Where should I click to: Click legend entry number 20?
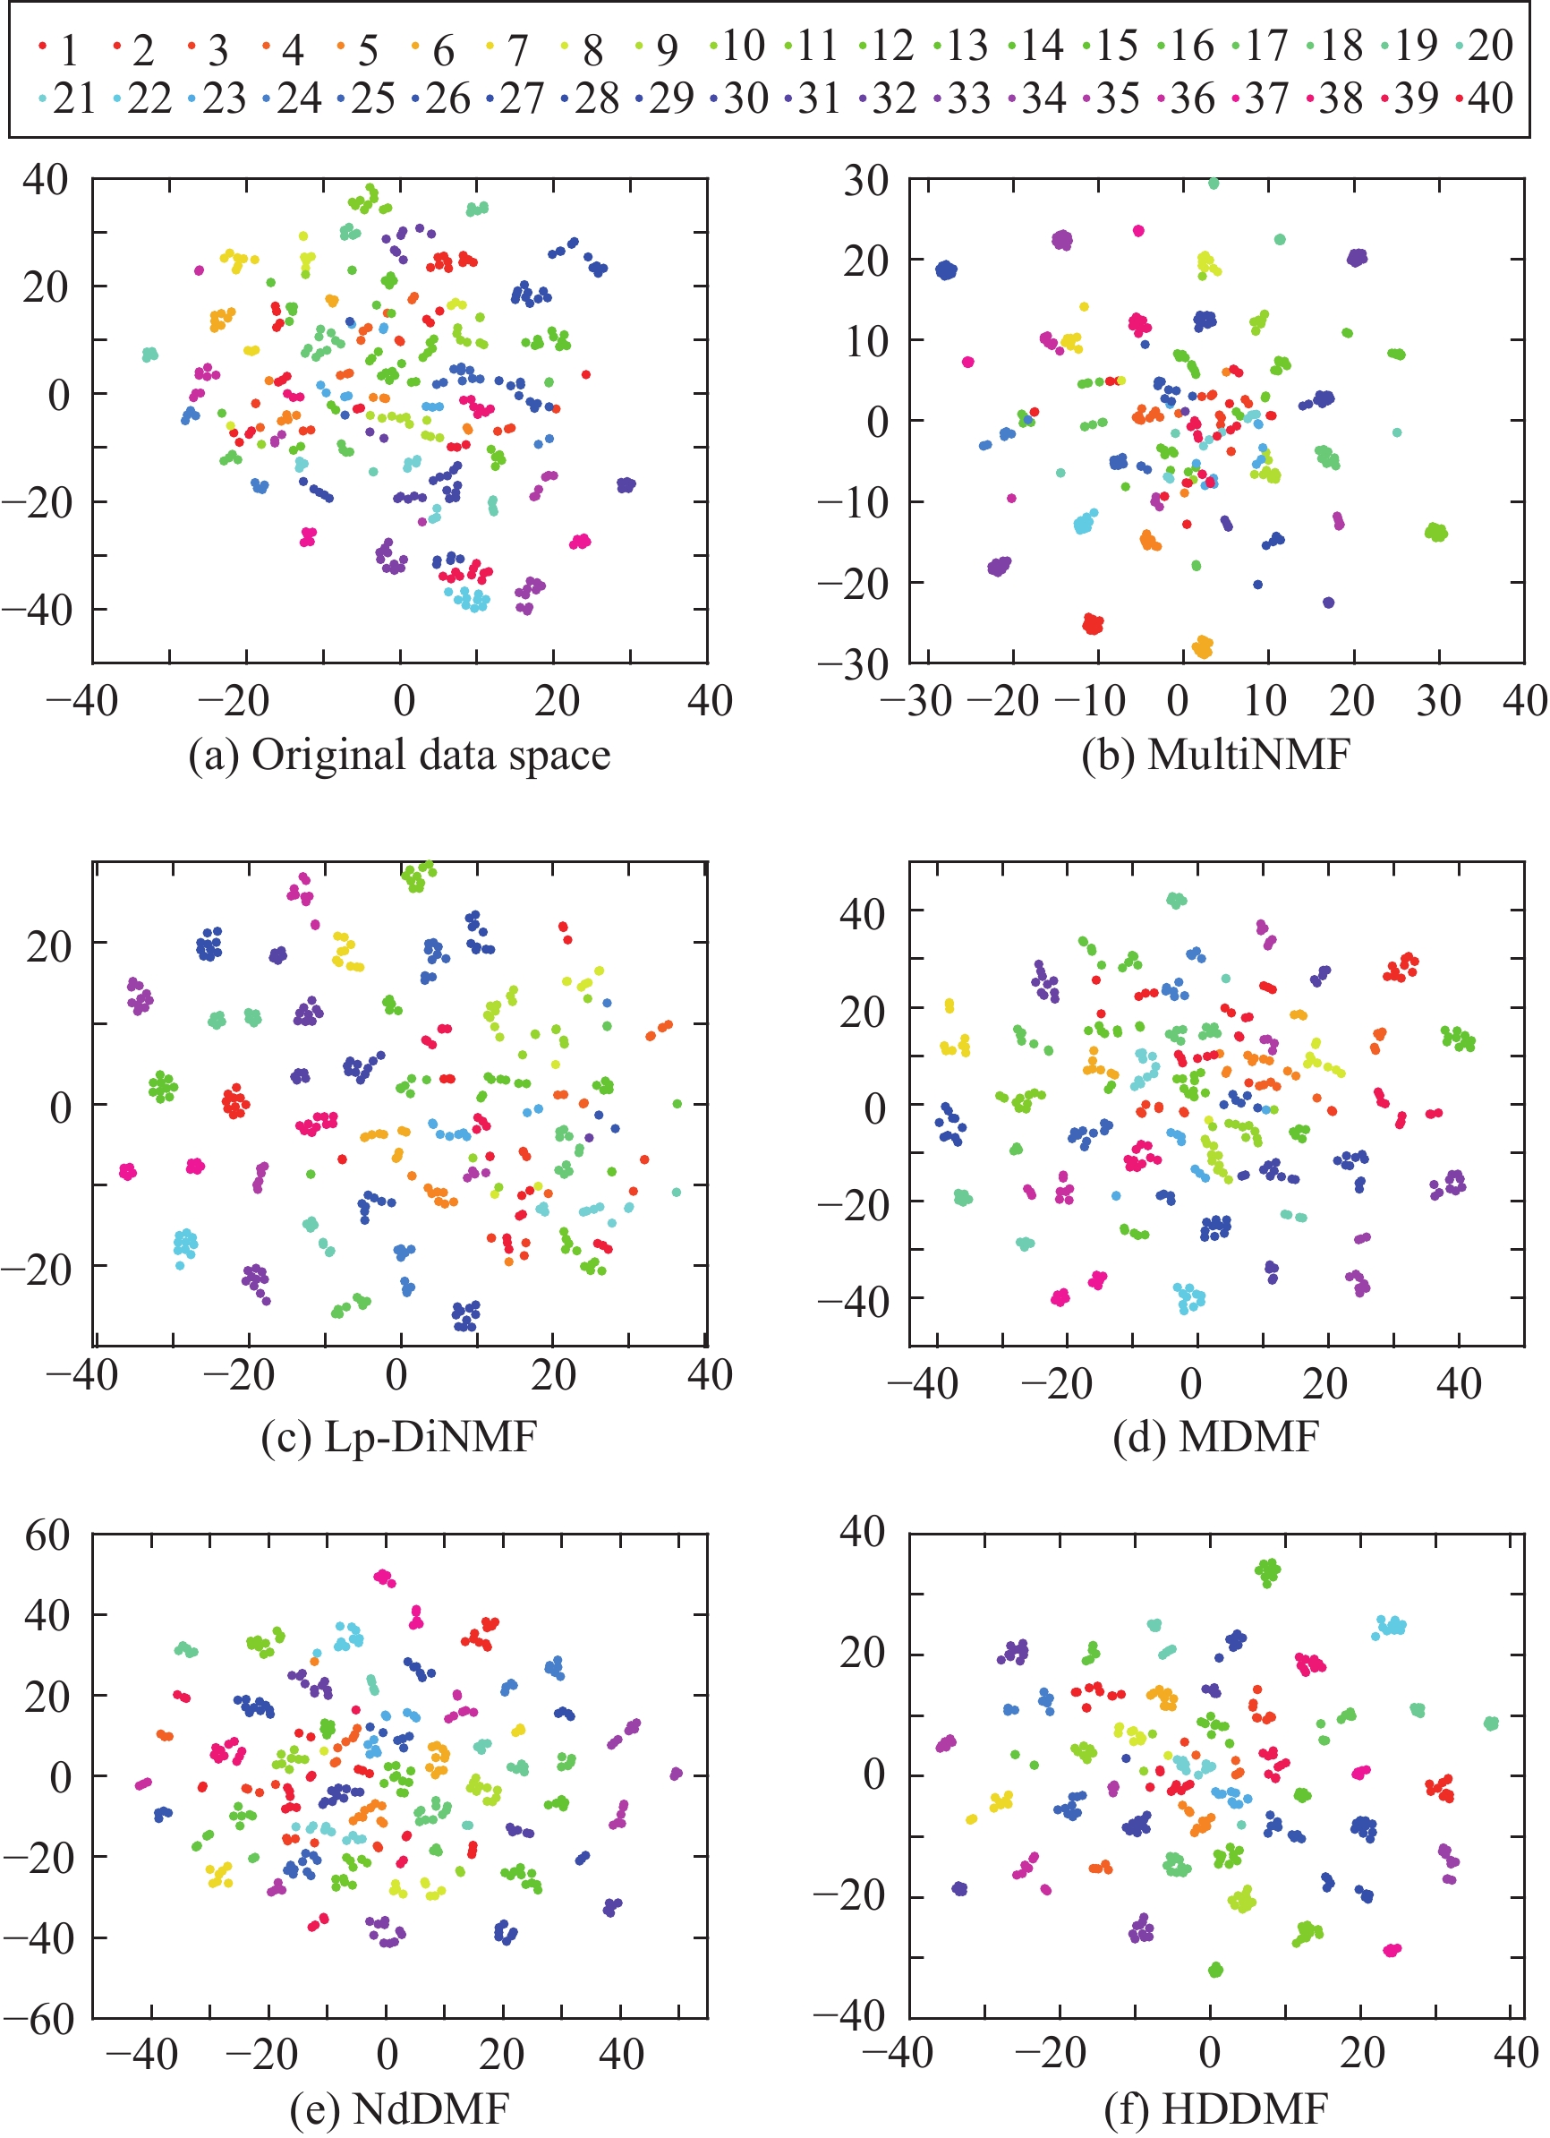(1484, 46)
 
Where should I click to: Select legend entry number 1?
(58, 49)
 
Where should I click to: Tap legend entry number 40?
(1484, 98)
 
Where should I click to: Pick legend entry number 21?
(66, 98)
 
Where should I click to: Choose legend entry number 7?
(509, 49)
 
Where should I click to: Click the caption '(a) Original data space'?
(399, 755)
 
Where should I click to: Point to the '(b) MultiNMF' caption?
(1215, 755)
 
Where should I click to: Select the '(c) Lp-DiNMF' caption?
(399, 1437)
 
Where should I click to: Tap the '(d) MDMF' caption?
(1215, 1437)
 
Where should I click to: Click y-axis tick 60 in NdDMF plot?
(47, 1535)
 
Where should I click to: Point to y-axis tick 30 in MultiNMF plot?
(865, 180)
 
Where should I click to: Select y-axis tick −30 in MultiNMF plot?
(852, 664)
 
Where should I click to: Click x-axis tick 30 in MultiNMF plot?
(1439, 701)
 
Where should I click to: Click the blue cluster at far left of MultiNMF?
(946, 270)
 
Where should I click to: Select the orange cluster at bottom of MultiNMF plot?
(1202, 646)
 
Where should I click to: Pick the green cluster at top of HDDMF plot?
(1268, 1570)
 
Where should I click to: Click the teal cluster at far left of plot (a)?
(149, 355)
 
